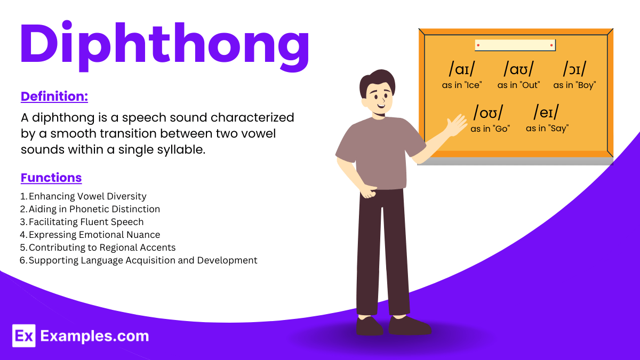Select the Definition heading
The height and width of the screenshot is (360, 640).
pos(54,97)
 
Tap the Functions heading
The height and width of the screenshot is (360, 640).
pos(51,178)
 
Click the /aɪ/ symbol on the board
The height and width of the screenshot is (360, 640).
pos(462,70)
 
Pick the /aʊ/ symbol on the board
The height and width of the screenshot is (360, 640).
pos(518,70)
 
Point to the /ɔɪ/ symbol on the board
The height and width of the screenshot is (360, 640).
pos(574,70)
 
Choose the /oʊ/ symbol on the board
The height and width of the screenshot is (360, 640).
pos(488,113)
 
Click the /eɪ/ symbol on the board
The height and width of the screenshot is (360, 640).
pos(547,113)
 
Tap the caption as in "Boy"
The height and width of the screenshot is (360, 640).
pos(574,85)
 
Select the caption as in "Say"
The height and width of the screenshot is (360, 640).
pos(547,128)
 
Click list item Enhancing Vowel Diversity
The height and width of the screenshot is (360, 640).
pos(87,196)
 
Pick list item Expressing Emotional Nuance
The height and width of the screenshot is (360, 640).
pos(94,235)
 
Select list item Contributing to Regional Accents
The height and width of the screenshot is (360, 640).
pos(102,247)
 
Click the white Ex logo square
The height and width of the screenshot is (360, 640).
pos(23,336)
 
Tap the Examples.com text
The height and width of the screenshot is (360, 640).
pos(95,336)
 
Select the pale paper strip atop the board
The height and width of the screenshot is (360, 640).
pos(515,45)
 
